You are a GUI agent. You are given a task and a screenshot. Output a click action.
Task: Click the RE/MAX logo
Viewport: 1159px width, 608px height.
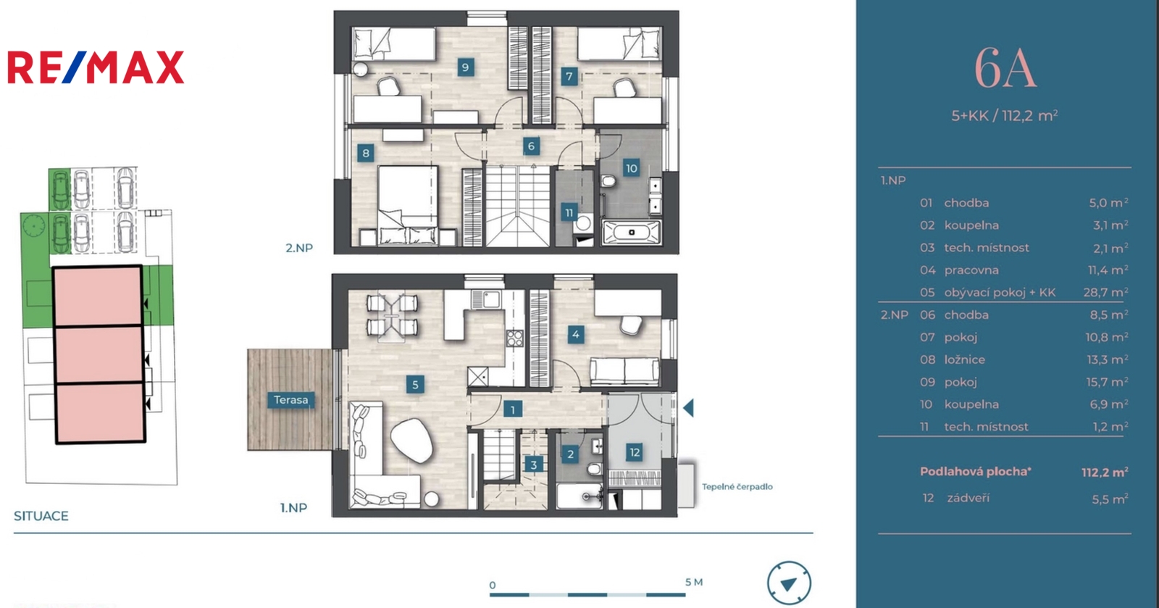tap(96, 67)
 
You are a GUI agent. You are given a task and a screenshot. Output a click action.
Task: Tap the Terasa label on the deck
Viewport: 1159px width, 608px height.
tap(290, 400)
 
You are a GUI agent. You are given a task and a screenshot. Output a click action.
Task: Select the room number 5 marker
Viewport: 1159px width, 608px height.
tap(415, 385)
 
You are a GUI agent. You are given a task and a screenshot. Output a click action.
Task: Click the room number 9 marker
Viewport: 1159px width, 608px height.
tap(465, 67)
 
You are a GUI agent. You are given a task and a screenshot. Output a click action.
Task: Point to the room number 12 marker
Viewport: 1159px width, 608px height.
tap(635, 453)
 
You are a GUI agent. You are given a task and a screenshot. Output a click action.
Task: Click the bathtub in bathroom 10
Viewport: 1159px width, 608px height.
tap(631, 233)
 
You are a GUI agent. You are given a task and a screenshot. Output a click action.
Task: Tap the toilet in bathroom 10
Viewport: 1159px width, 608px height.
tap(608, 182)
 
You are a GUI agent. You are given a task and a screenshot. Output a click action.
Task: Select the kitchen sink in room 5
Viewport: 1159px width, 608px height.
tap(486, 299)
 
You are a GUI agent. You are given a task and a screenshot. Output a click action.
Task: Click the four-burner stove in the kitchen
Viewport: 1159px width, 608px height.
tap(515, 338)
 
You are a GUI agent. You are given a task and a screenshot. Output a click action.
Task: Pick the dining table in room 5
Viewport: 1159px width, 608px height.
tap(392, 318)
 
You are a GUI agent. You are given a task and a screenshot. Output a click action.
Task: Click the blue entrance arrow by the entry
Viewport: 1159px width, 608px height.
tap(688, 408)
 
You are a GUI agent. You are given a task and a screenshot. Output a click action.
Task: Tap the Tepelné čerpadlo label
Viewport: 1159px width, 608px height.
tap(737, 487)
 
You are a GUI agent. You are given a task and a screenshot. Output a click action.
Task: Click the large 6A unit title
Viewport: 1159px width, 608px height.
tap(1005, 69)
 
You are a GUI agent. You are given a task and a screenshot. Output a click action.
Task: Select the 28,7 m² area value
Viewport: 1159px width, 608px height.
tap(1105, 292)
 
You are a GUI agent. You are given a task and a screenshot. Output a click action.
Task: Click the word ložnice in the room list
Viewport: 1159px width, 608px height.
tap(964, 359)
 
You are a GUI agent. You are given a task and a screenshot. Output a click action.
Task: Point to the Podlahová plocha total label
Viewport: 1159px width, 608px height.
tap(975, 471)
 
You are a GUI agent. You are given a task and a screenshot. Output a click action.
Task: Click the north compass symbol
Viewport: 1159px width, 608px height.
tap(789, 583)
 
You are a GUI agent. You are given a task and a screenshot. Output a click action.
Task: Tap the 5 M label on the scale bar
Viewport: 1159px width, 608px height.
tap(694, 582)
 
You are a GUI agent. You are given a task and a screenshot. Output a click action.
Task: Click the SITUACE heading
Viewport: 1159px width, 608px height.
tap(41, 516)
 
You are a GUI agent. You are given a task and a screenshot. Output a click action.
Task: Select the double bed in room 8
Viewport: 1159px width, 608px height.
tap(408, 205)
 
